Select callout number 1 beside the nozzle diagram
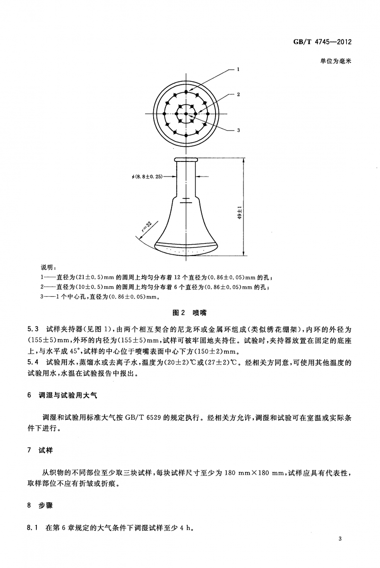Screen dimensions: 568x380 [239, 70]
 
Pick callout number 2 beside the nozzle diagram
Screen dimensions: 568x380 [239, 94]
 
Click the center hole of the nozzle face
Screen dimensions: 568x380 [186, 114]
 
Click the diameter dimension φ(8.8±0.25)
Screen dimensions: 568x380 [147, 177]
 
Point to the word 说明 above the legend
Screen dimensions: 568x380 [49, 268]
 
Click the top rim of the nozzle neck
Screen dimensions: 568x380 [187, 160]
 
